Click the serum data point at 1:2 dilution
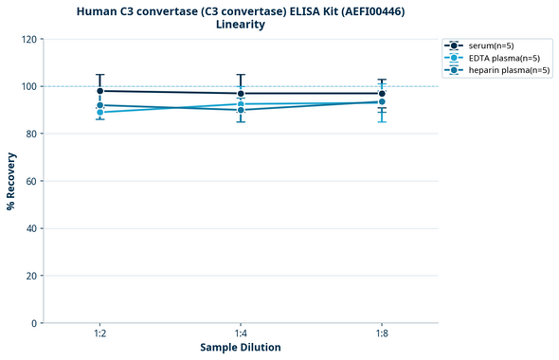pos(100,91)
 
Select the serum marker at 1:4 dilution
pos(241,94)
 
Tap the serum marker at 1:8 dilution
pos(382,94)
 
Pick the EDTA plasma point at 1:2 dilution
pos(100,112)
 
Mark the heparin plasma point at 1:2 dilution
pos(100,105)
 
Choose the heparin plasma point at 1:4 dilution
pos(241,110)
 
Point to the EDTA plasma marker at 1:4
pos(241,103)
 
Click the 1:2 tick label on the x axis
pos(100,333)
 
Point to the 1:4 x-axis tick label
pos(241,333)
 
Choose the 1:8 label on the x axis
pos(382,333)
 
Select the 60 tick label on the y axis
pos(31,181)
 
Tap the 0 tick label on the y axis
pos(34,323)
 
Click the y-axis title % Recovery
pos(11,181)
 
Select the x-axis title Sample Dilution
pos(241,348)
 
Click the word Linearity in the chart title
pos(241,25)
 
